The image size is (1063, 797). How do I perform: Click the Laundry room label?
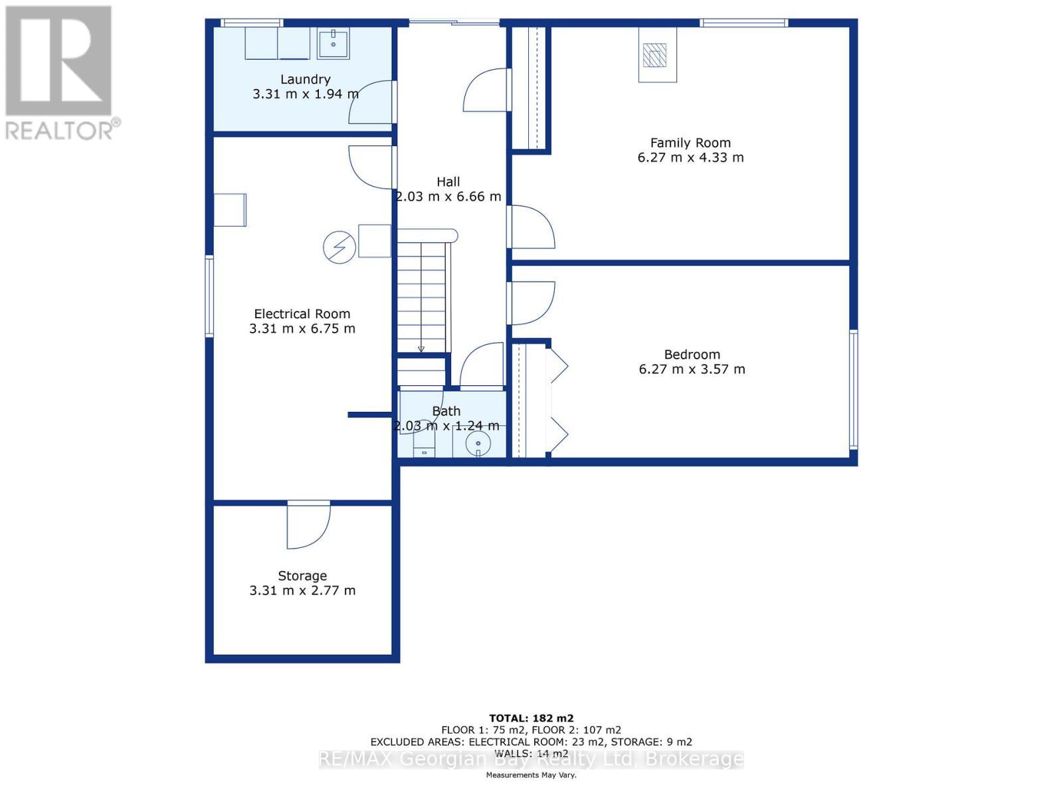tap(305, 79)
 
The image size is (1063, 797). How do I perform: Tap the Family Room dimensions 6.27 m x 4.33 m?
tap(690, 157)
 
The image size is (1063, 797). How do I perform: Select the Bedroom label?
tap(692, 354)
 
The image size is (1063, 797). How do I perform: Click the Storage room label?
tap(302, 576)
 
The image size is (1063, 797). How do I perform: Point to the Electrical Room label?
tap(302, 313)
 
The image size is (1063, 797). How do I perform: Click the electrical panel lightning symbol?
tap(339, 247)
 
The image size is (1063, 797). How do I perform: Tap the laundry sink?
tap(333, 44)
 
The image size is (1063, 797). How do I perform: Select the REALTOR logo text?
tap(63, 130)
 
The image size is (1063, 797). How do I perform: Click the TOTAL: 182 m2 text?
tap(531, 718)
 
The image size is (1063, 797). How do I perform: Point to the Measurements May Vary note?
tap(531, 775)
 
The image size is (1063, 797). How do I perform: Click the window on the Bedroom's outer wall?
tap(854, 389)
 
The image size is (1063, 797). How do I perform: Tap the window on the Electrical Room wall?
tap(209, 296)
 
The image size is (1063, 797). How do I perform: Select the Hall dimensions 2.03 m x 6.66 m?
tap(448, 197)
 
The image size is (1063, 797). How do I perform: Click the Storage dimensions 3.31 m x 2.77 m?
tap(302, 590)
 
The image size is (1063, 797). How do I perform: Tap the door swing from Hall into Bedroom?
tap(531, 302)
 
